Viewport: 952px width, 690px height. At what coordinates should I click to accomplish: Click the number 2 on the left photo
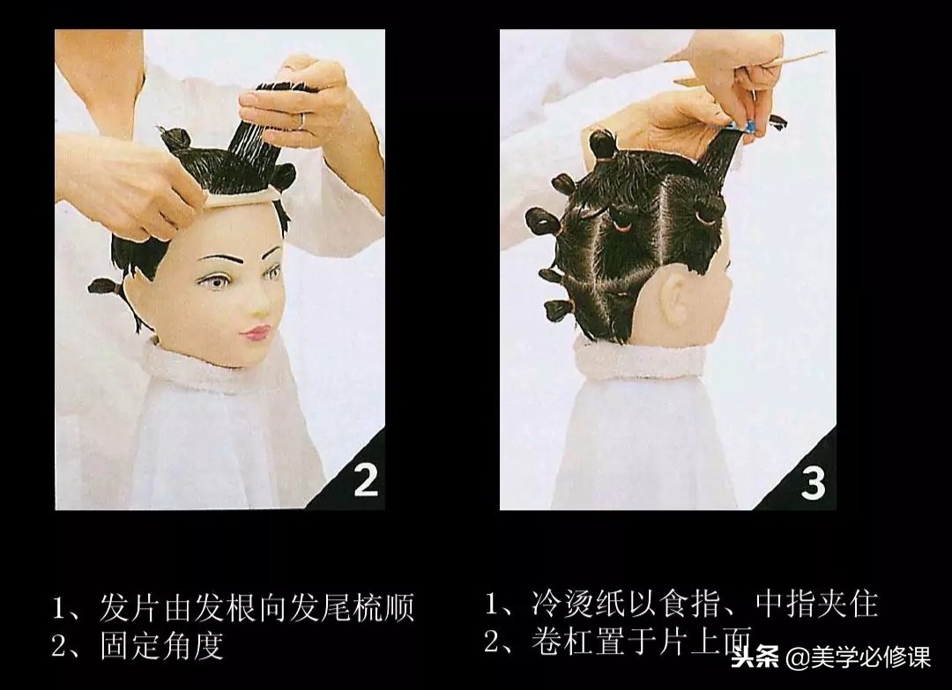tap(365, 479)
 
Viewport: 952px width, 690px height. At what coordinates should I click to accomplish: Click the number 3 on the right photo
tap(813, 482)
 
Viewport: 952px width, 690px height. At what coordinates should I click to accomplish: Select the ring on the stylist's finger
tap(301, 119)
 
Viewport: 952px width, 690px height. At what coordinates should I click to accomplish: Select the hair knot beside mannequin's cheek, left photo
tap(104, 286)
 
